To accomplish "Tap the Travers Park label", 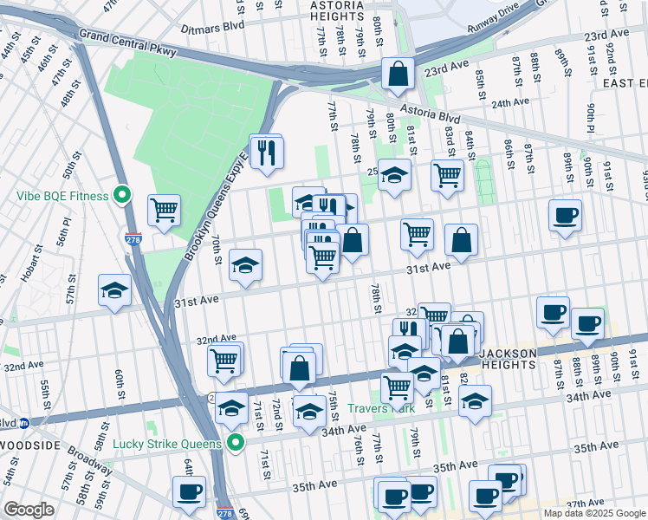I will (381, 408).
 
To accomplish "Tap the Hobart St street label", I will (30, 264).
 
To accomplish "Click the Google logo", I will (29, 510).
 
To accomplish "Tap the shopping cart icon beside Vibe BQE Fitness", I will (164, 210).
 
